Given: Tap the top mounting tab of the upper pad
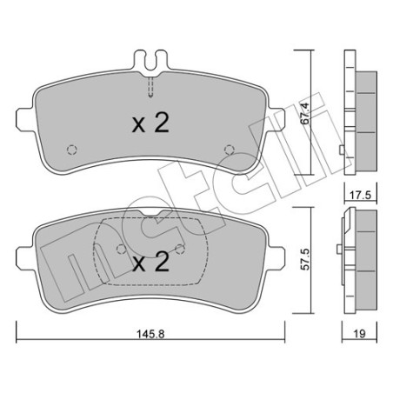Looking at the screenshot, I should (152, 63).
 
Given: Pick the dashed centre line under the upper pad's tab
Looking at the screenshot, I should (152, 86).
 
